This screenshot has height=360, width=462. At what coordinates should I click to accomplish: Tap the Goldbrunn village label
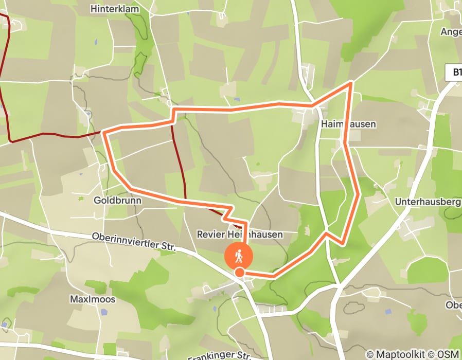pyautogui.click(x=117, y=200)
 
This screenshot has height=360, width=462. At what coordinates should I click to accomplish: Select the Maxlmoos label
pyautogui.click(x=92, y=299)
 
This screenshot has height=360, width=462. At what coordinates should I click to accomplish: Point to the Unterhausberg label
pyautogui.click(x=428, y=202)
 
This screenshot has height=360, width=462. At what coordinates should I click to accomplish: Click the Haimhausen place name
pyautogui.click(x=348, y=124)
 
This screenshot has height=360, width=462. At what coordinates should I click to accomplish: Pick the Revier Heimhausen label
pyautogui.click(x=240, y=235)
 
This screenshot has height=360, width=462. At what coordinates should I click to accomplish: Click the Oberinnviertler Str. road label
pyautogui.click(x=134, y=242)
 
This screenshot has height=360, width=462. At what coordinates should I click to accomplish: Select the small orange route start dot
pyautogui.click(x=239, y=272)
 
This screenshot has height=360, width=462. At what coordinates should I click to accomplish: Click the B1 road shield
pyautogui.click(x=454, y=73)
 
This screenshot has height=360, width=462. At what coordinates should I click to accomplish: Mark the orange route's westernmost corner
pyautogui.click(x=104, y=133)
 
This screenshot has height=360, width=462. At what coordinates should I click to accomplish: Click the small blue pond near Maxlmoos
pyautogui.click(x=104, y=312)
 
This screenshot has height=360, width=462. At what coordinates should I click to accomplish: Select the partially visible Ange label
pyautogui.click(x=451, y=31)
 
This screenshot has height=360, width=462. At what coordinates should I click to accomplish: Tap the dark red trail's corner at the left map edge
pyautogui.click(x=10, y=140)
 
